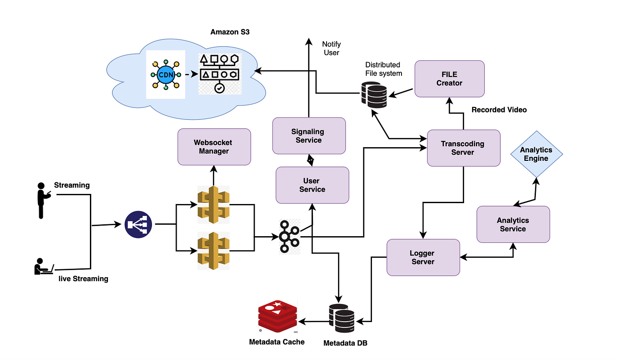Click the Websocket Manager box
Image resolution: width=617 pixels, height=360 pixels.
pyautogui.click(x=214, y=147)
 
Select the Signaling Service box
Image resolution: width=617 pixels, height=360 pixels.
pyautogui.click(x=309, y=136)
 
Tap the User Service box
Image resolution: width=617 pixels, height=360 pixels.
pyautogui.click(x=312, y=185)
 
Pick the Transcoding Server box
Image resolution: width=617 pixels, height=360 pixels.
pyautogui.click(x=464, y=148)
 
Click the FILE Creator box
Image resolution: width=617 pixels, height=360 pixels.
pyautogui.click(x=450, y=79)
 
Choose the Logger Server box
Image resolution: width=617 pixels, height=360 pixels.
pyautogui.click(x=423, y=257)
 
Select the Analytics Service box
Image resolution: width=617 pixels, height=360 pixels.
pyautogui.click(x=513, y=224)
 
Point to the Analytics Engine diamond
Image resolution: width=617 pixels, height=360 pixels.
pyautogui.click(x=536, y=154)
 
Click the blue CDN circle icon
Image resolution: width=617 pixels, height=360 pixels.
pyautogui.click(x=166, y=74)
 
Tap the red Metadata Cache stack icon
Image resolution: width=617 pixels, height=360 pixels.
pyautogui.click(x=278, y=316)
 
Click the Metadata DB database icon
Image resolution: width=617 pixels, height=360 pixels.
pyautogui.click(x=342, y=318)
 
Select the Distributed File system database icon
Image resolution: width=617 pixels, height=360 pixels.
pyautogui.click(x=374, y=94)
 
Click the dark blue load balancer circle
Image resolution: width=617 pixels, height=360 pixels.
pyautogui.click(x=138, y=224)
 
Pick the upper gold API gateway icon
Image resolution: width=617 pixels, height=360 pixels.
pyautogui.click(x=213, y=204)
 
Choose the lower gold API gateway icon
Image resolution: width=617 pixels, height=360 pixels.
pyautogui.click(x=213, y=251)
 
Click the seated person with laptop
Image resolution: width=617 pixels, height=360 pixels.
pyautogui.click(x=44, y=266)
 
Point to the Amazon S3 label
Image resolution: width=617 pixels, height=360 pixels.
pyautogui.click(x=230, y=32)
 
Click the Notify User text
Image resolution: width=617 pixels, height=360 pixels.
pyautogui.click(x=331, y=48)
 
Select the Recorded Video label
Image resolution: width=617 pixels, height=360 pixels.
pyautogui.click(x=499, y=110)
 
